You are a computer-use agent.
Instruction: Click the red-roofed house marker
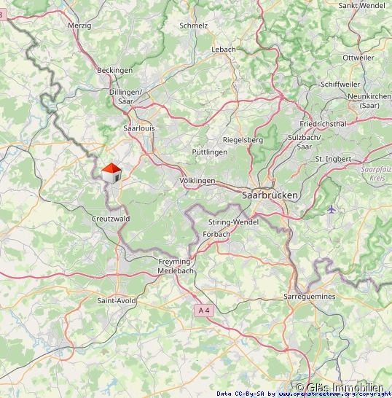(111, 173)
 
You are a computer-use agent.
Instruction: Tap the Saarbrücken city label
(270, 195)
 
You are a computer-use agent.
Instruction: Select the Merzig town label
(79, 25)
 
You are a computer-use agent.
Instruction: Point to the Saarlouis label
(139, 128)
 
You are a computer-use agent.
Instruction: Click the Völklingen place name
(197, 180)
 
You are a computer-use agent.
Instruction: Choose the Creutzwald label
(111, 219)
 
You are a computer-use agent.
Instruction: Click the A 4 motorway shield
(204, 311)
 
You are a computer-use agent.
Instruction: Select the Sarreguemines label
(309, 297)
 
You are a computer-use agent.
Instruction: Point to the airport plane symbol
(332, 209)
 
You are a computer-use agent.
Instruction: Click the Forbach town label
(216, 234)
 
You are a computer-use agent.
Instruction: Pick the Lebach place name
(224, 50)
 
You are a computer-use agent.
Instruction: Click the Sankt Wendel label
(361, 5)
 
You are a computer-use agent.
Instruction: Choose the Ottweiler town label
(358, 58)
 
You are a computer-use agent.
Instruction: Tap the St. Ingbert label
(333, 158)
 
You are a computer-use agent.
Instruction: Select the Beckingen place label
(115, 70)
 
